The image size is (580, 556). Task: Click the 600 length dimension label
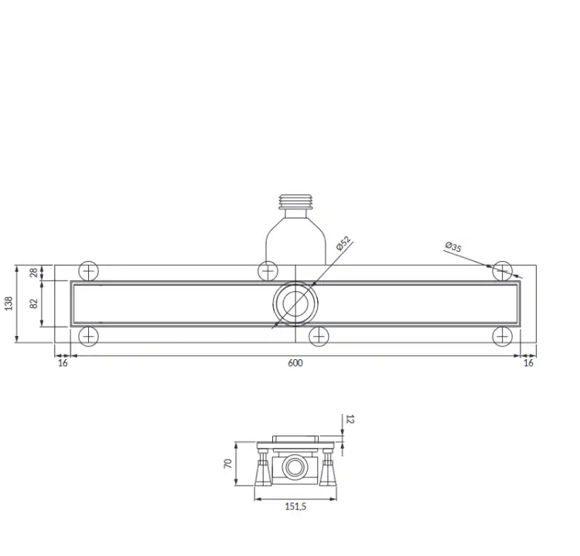(x=295, y=363)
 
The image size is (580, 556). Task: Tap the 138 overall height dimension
(x=9, y=303)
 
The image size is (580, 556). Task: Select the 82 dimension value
(x=34, y=303)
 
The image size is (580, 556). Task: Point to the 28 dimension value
(x=34, y=273)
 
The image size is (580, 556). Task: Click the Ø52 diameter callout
(x=343, y=243)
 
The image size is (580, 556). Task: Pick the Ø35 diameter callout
(x=453, y=247)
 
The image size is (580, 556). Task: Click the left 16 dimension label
(x=63, y=363)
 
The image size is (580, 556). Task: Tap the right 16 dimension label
(x=529, y=363)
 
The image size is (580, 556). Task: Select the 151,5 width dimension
(x=295, y=507)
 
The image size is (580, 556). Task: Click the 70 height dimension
(x=228, y=463)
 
